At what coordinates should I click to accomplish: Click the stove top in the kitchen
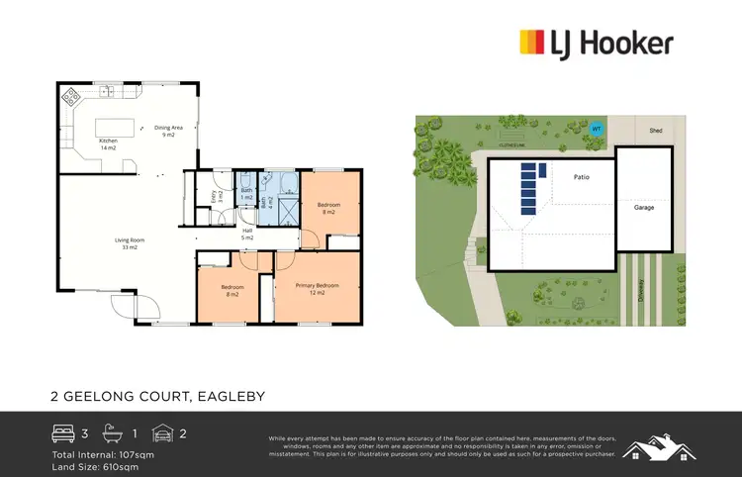[x=71, y=97]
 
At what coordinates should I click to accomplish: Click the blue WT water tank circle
[x=596, y=129]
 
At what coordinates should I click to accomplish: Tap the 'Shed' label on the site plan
[x=655, y=129]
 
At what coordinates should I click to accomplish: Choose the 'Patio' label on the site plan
[x=583, y=178]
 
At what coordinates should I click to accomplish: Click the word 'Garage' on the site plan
[x=644, y=208]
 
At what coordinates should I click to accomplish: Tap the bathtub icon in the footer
[x=120, y=432]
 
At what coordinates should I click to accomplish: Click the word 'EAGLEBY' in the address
[x=228, y=396]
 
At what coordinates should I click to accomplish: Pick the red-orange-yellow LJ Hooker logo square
[x=532, y=43]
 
